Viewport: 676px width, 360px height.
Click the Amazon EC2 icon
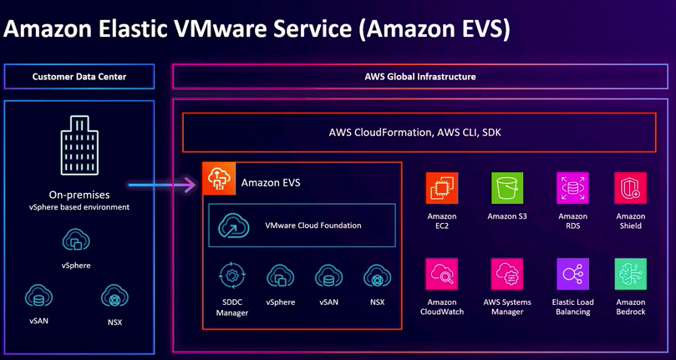click(x=442, y=189)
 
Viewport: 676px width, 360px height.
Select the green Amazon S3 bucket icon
click(x=507, y=189)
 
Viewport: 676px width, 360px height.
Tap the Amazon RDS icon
click(x=572, y=189)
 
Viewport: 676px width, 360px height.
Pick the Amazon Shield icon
click(x=630, y=189)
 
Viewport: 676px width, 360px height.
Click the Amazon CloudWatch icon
click(x=442, y=274)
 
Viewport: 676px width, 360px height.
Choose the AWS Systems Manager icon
click(x=507, y=274)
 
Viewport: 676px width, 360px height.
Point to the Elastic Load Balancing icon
click(x=572, y=274)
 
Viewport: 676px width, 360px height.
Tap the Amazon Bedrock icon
click(x=630, y=274)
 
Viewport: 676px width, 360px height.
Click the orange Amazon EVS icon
click(x=219, y=180)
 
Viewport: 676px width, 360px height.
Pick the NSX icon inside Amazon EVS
click(x=377, y=276)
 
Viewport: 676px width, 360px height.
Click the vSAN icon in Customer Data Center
click(x=38, y=297)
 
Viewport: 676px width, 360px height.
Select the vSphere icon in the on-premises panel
click(x=76, y=242)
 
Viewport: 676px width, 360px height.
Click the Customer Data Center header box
click(x=79, y=77)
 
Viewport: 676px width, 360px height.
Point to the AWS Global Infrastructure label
click(x=420, y=77)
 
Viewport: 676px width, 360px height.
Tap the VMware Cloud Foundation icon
click(x=234, y=226)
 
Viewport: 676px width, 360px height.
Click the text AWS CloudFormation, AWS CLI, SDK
click(x=414, y=132)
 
